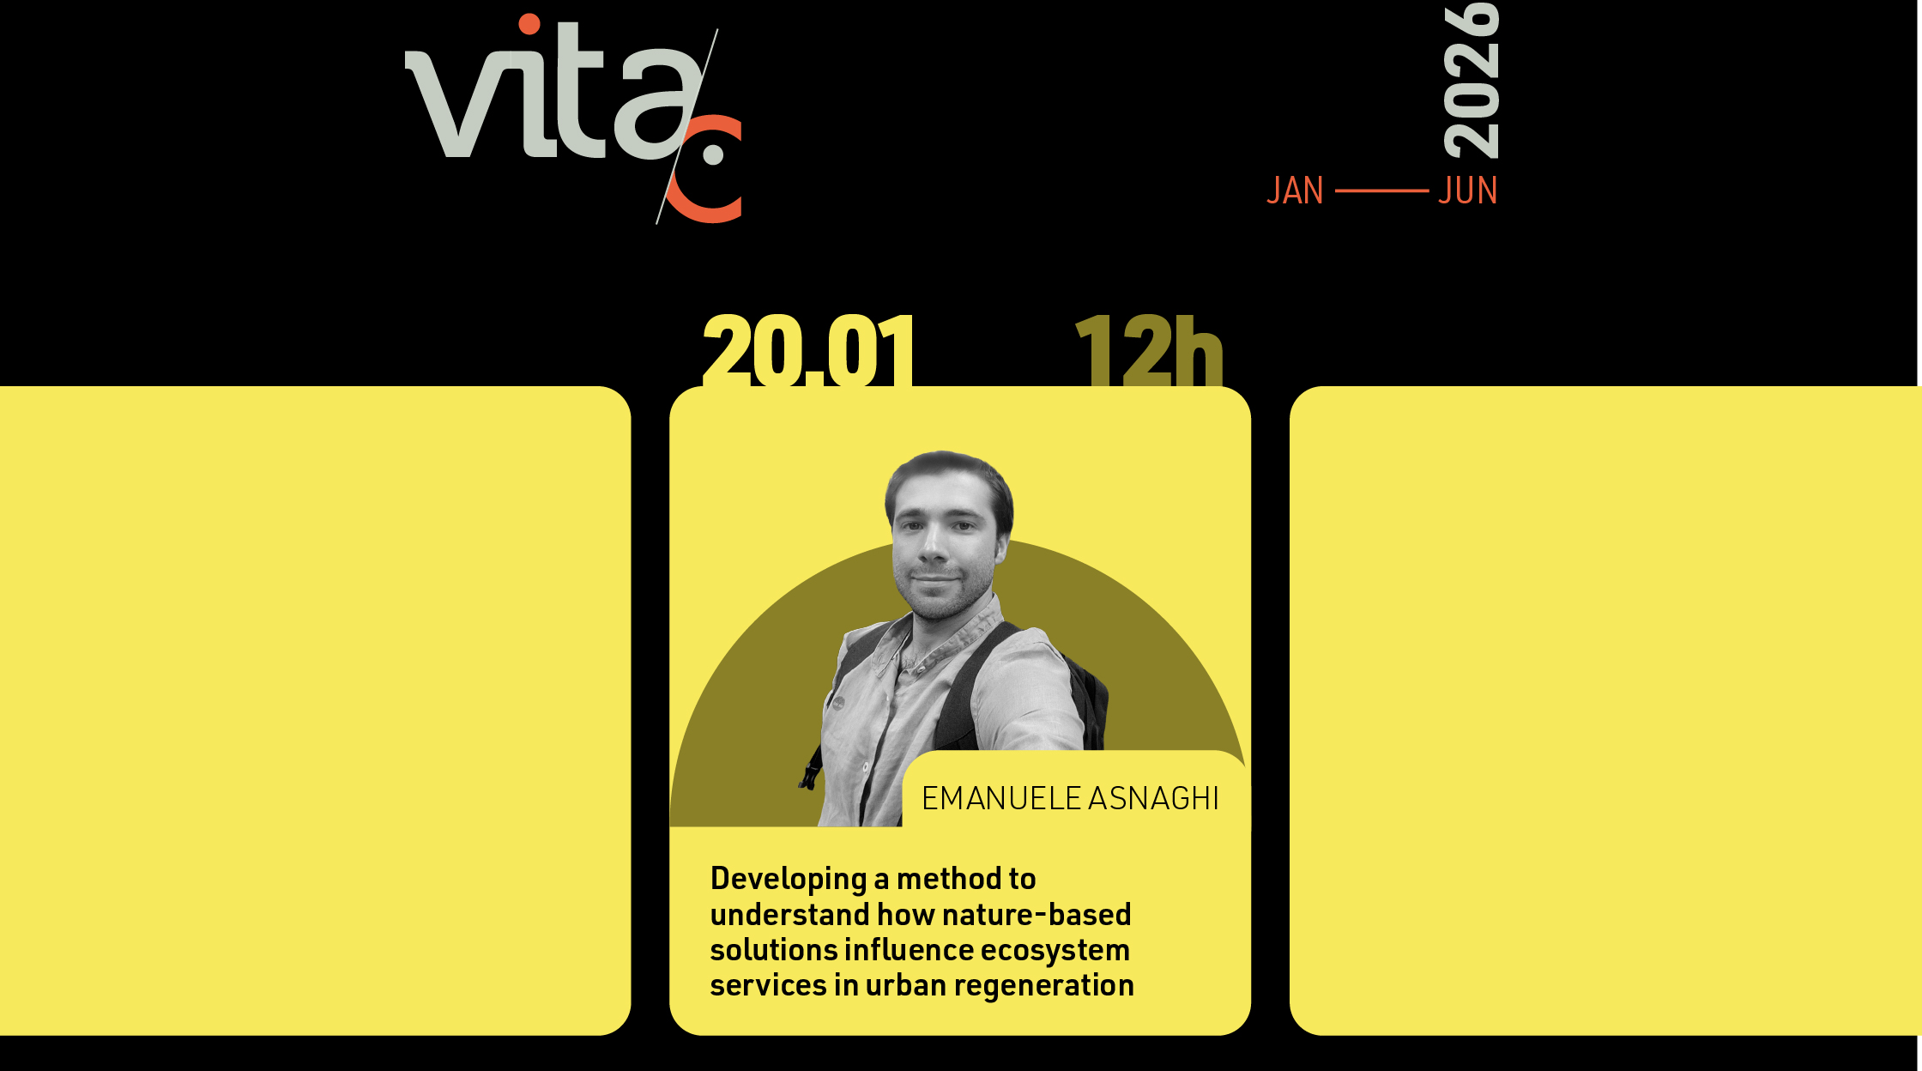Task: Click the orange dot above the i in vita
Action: click(x=530, y=24)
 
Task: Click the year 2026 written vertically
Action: click(x=1471, y=81)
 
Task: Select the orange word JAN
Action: click(x=1295, y=191)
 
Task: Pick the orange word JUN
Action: click(x=1468, y=191)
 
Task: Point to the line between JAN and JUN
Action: click(x=1381, y=191)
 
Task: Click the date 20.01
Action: click(x=808, y=350)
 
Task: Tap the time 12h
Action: click(x=1149, y=350)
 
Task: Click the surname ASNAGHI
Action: click(x=1153, y=798)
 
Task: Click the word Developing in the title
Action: click(x=789, y=880)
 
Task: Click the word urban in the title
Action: click(x=905, y=985)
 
